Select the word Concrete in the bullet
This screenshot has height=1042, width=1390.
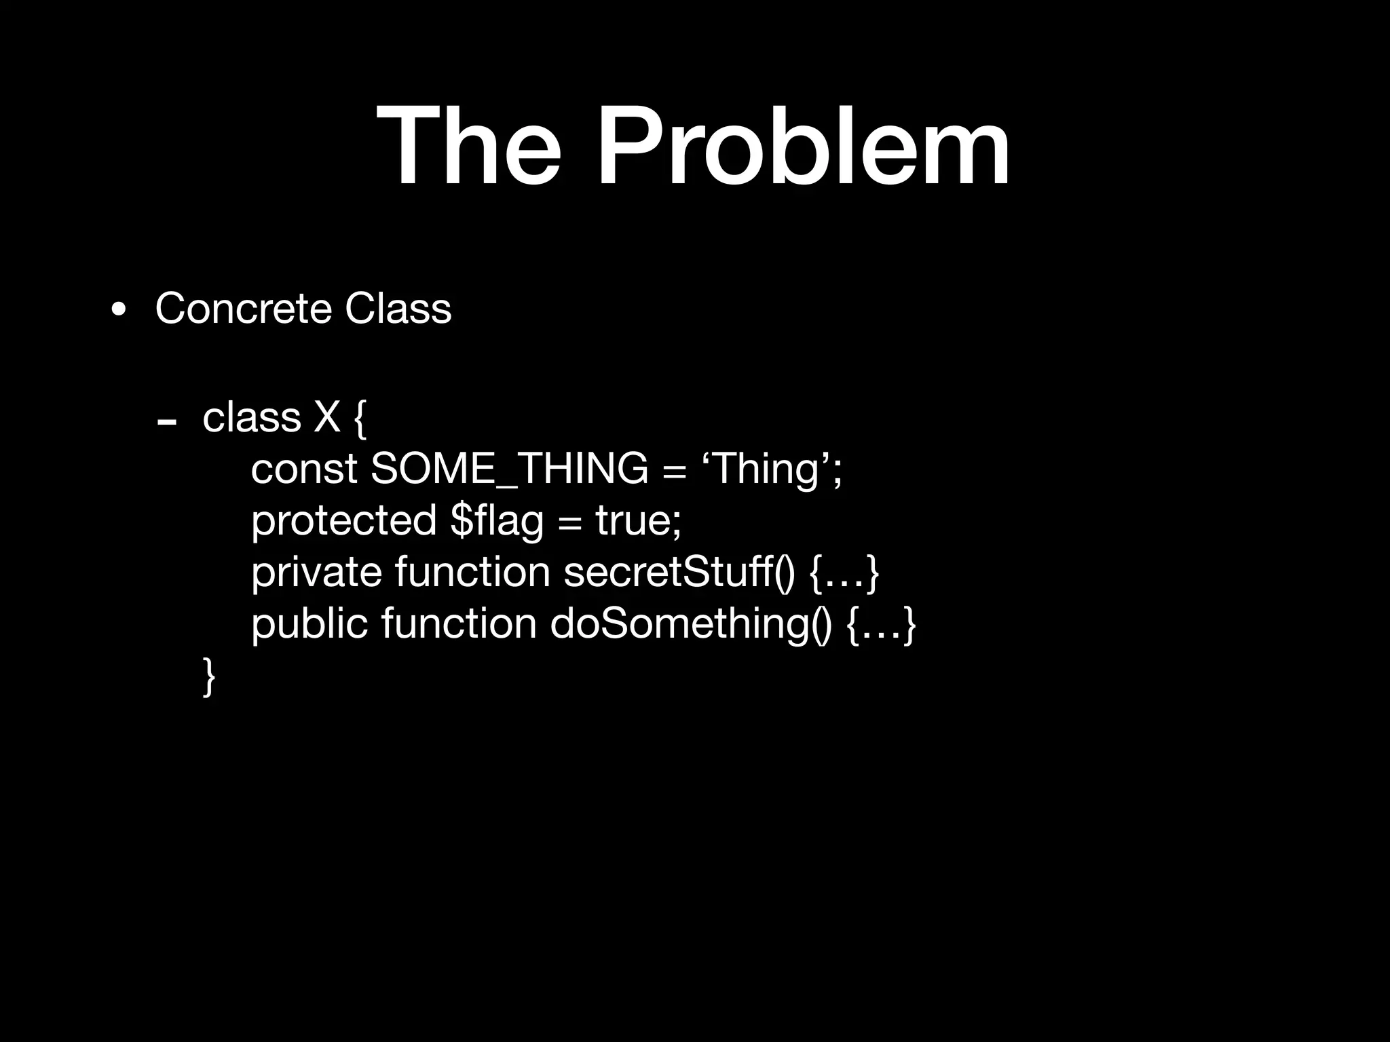(x=244, y=309)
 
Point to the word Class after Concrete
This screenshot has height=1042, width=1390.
(x=398, y=309)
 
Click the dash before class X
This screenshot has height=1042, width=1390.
(x=166, y=423)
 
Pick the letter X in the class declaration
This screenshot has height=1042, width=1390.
(x=326, y=417)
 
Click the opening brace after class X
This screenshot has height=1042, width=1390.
(x=360, y=418)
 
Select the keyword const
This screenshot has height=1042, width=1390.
(x=304, y=469)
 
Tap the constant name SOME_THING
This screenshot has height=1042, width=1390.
(x=509, y=469)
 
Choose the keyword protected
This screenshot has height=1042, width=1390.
(x=343, y=520)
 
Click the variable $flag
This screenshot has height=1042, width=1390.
(x=497, y=520)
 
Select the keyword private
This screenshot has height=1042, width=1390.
(x=316, y=572)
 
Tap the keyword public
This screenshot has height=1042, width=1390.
(x=309, y=623)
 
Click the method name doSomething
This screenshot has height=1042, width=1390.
(x=690, y=623)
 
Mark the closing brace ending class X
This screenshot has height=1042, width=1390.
(x=209, y=676)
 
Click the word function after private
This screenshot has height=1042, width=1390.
(x=472, y=572)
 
